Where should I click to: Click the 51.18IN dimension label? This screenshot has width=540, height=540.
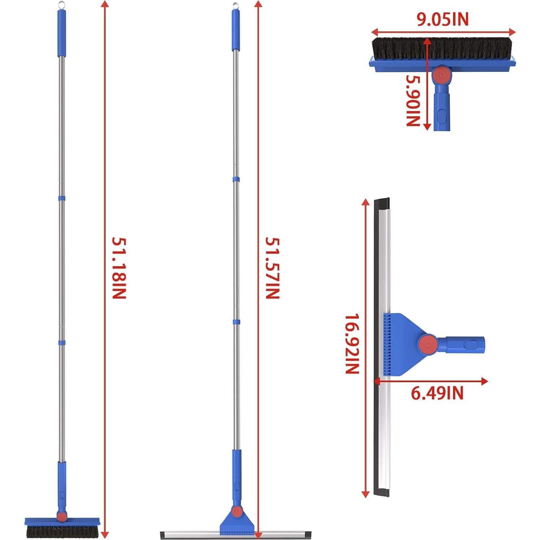pos(119,268)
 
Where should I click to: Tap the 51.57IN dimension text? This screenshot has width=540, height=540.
pos(272,268)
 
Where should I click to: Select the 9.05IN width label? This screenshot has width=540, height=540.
pos(443,19)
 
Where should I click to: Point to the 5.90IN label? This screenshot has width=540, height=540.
pos(413,100)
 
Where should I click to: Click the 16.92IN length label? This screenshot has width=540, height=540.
pos(352,344)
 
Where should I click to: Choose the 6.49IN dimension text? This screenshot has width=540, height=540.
pos(437,393)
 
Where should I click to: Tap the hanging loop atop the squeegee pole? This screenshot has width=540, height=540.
pos(236,5)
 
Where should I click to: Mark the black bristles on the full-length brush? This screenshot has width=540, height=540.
pos(62,531)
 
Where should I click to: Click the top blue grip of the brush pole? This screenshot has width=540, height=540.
pos(62,32)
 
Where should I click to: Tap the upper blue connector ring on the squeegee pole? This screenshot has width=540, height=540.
pos(236,179)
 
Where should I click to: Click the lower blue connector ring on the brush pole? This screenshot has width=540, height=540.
pos(62,342)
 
